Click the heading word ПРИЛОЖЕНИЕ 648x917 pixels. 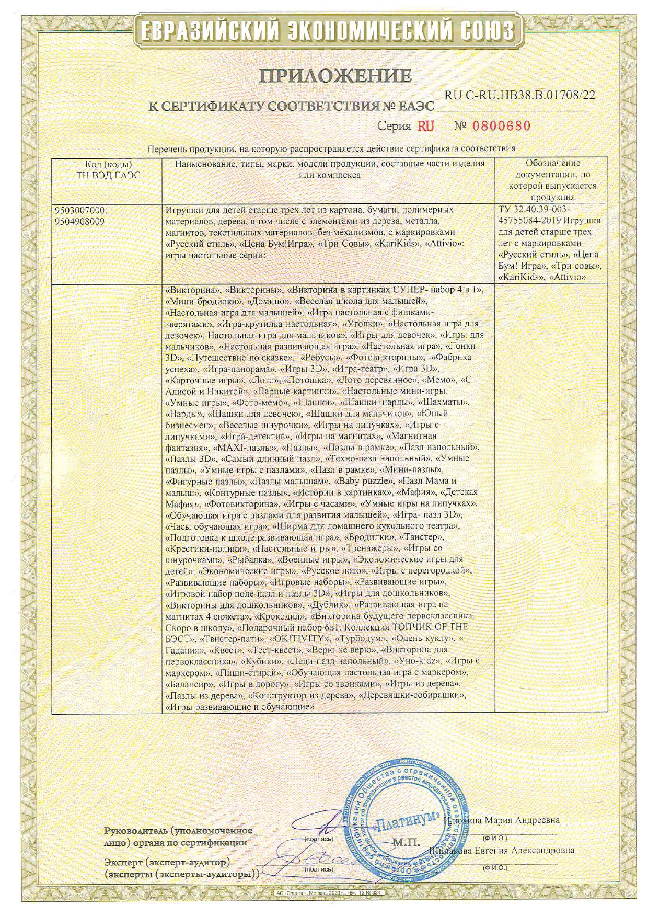(x=335, y=76)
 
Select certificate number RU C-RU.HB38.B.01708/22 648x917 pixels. (x=519, y=96)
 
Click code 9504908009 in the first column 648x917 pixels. (x=79, y=221)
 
